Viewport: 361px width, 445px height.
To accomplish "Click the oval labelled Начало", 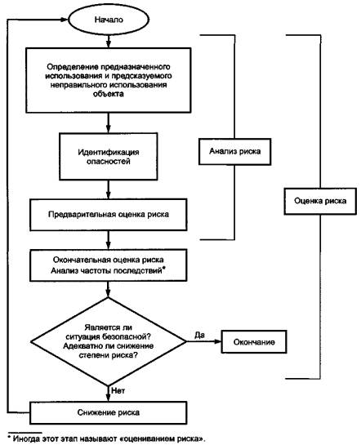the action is [109, 20].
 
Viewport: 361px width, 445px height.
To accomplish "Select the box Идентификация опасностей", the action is [108, 157].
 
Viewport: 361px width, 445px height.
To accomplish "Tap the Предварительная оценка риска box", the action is [108, 214].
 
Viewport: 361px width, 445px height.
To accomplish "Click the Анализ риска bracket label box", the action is [234, 152].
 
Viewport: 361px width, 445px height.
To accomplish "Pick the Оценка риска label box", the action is [320, 201].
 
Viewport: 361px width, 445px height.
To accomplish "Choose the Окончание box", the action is [254, 342].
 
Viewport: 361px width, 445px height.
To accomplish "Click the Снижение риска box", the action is [108, 412].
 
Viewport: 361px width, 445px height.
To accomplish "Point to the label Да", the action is [199, 335].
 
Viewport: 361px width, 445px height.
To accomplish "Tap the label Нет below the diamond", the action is [118, 391].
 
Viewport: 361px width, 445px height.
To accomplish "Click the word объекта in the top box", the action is [109, 94].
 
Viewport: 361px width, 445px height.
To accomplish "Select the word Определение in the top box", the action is [73, 67].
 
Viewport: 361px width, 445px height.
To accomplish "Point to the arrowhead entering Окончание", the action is [218, 341].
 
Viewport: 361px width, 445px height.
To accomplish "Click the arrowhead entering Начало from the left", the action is [65, 20].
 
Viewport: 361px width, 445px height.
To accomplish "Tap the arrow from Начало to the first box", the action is [108, 41].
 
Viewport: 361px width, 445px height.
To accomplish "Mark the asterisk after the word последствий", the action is [163, 269].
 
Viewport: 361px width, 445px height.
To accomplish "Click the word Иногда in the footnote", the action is [26, 438].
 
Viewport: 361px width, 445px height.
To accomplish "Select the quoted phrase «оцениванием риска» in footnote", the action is [162, 438].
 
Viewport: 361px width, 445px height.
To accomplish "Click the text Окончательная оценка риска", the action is [108, 260].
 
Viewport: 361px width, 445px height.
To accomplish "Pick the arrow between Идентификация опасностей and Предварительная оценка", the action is [108, 189].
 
